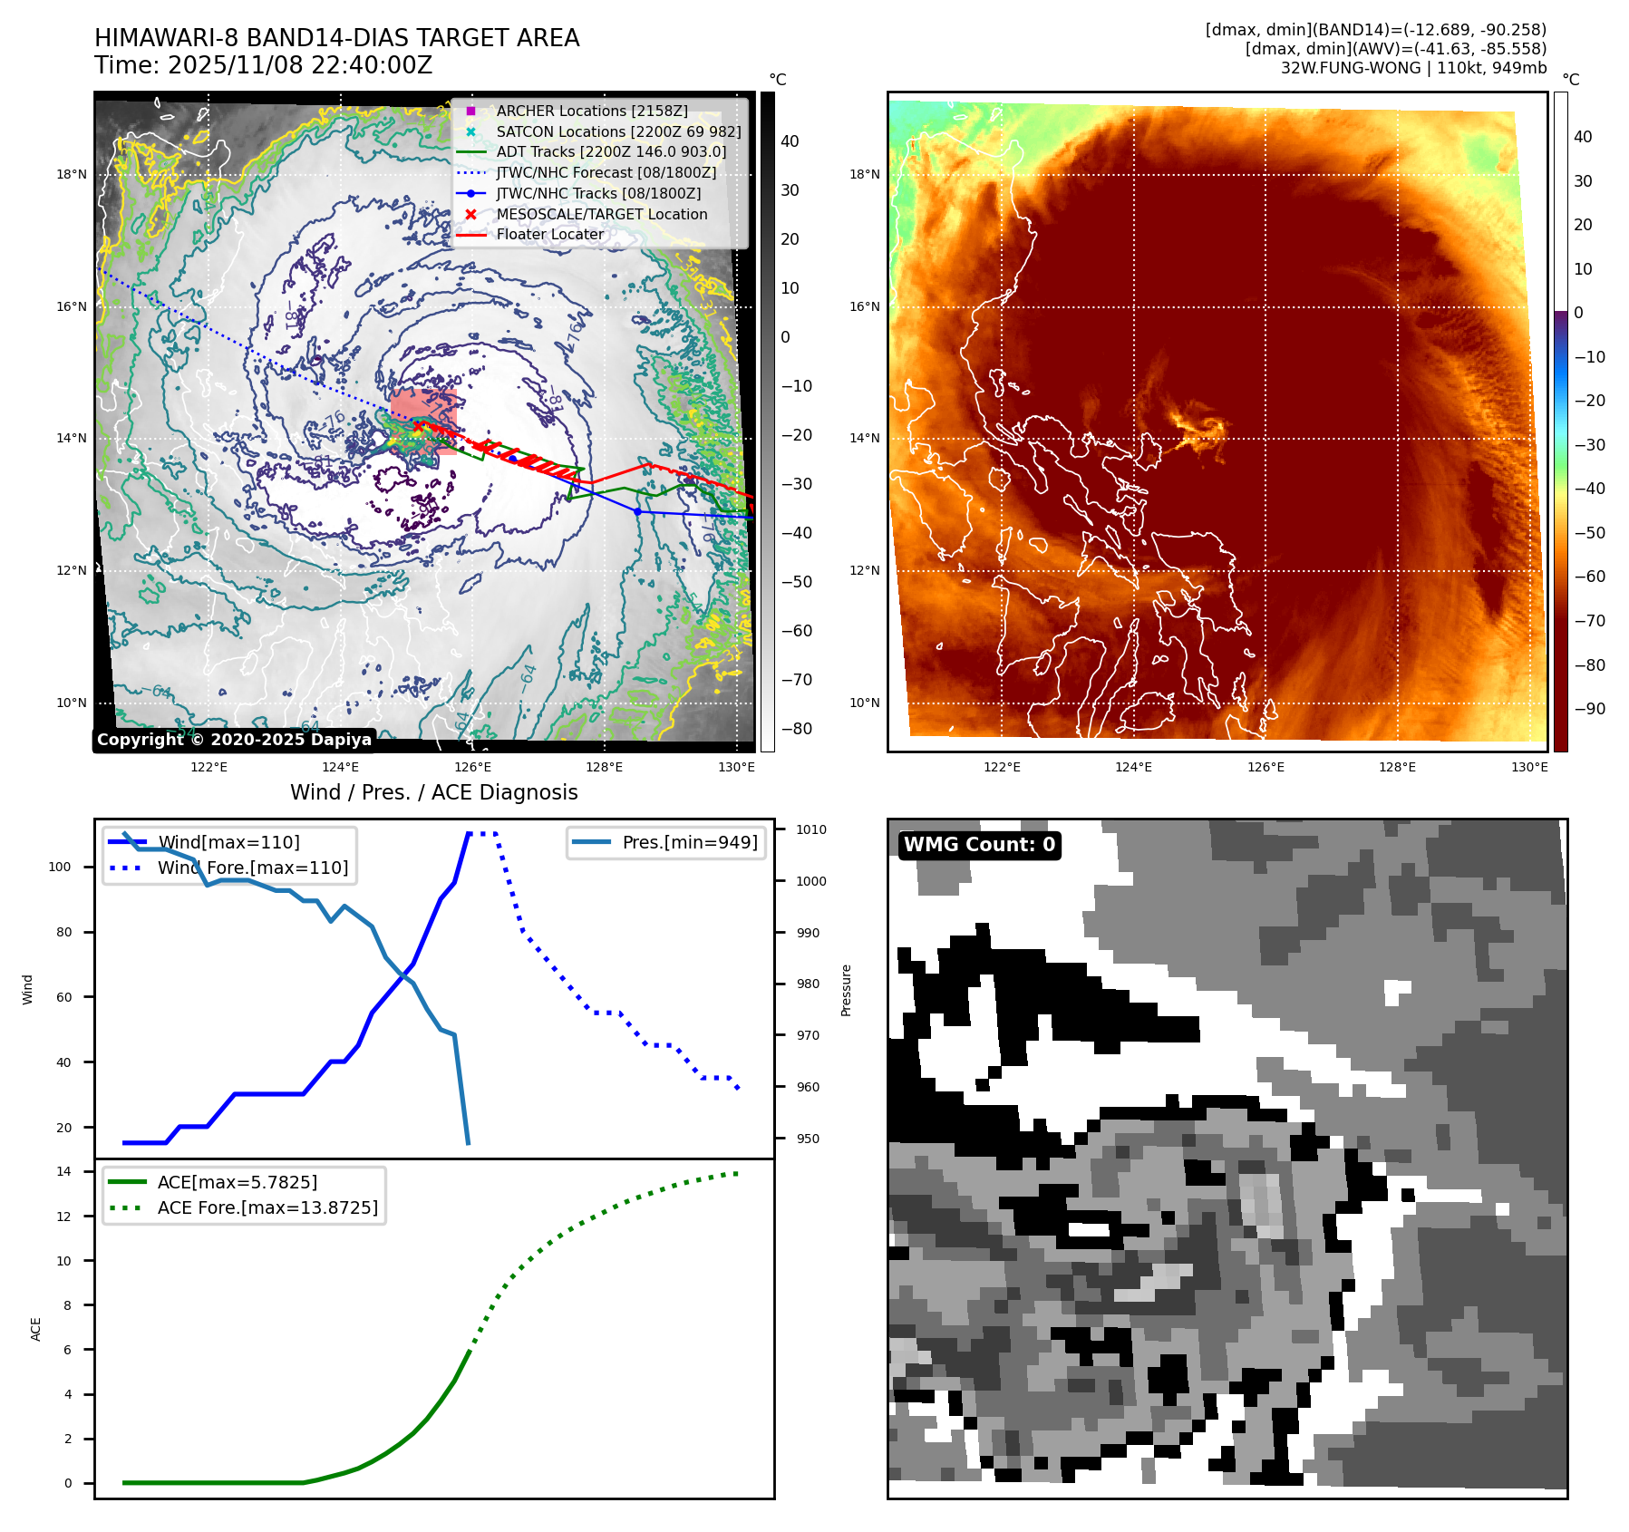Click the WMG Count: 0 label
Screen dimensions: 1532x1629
[979, 845]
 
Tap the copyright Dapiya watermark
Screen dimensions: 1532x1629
[234, 740]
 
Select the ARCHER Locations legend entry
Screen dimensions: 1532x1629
[591, 111]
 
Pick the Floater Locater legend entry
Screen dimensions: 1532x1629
[549, 234]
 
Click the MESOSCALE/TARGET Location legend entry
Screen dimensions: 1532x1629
[601, 214]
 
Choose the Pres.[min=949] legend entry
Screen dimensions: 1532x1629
[689, 842]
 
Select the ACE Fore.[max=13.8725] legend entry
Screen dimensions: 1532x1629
[267, 1207]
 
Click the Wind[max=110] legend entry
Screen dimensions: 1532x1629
[228, 842]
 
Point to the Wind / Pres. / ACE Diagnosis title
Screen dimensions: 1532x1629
[433, 792]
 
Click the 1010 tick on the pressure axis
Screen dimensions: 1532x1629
[811, 829]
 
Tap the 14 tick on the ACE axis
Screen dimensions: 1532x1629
[64, 1171]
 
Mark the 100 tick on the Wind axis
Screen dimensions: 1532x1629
[60, 867]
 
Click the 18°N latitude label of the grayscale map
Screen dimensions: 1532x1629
[73, 174]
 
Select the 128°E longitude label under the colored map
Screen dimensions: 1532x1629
[1397, 767]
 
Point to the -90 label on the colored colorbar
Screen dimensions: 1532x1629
[1589, 709]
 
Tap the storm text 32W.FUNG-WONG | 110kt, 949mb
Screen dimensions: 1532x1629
[1413, 68]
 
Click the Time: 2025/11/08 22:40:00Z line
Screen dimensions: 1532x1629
[263, 65]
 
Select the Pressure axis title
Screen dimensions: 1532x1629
[846, 990]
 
